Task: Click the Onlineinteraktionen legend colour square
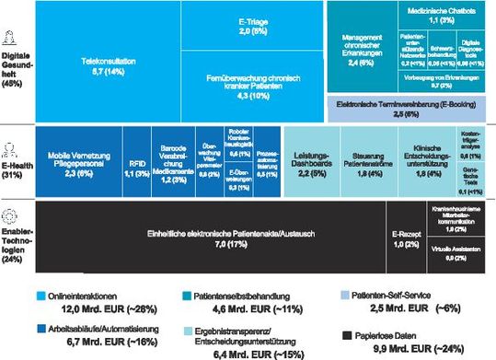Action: click(40, 296)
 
